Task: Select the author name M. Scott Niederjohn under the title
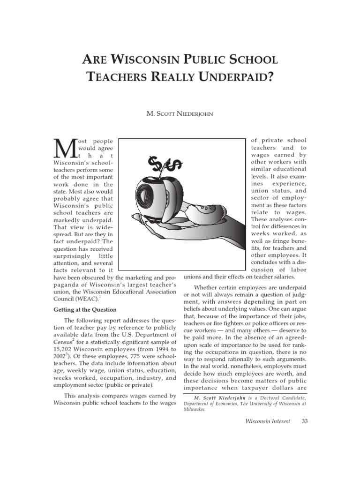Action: (x=180, y=114)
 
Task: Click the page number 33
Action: (x=305, y=421)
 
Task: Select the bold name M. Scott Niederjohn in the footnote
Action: (x=220, y=397)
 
